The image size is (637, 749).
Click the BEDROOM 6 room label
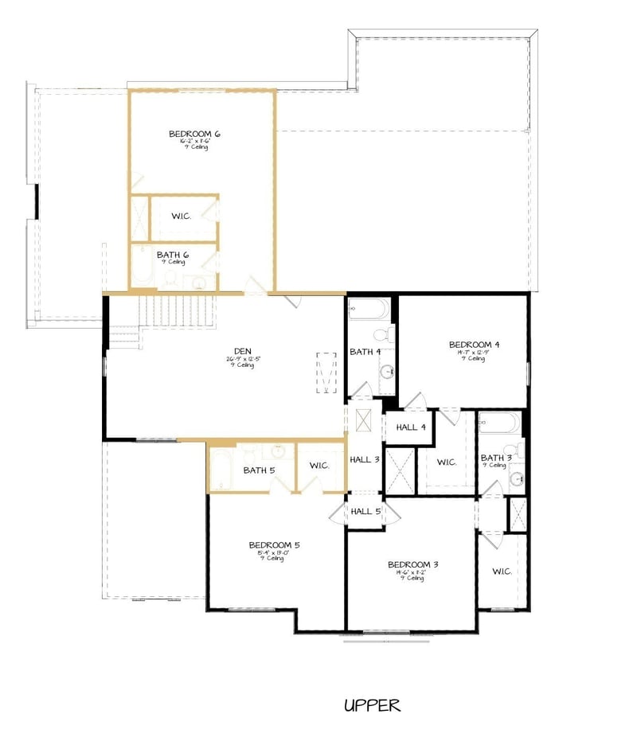(x=194, y=134)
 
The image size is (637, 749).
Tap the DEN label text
(x=243, y=350)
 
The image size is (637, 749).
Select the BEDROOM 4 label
(x=474, y=345)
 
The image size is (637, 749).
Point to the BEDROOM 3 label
(x=412, y=564)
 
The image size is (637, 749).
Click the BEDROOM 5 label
(x=274, y=545)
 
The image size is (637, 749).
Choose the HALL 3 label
(x=365, y=459)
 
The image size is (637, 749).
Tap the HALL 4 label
(x=411, y=427)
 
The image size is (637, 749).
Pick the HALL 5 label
(x=365, y=512)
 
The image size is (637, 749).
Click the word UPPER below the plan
(x=372, y=705)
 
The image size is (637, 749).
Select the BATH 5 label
(x=259, y=470)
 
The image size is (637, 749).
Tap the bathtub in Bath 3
(x=499, y=423)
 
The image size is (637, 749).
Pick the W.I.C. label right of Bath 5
(x=319, y=466)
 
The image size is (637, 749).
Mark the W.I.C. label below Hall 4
(x=446, y=462)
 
